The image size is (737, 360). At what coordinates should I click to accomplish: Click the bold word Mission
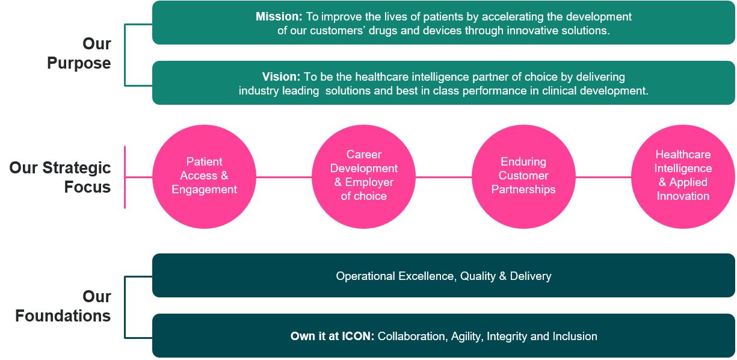pyautogui.click(x=279, y=17)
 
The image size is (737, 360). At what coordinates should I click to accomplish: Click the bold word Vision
pyautogui.click(x=281, y=77)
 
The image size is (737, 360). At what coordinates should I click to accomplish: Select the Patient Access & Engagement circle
pyautogui.click(x=205, y=176)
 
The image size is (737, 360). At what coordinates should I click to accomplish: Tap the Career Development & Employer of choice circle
pyautogui.click(x=364, y=176)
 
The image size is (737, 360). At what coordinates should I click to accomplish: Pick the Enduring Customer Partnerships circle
pyautogui.click(x=523, y=176)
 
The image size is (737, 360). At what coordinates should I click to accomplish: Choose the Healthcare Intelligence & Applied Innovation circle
pyautogui.click(x=683, y=176)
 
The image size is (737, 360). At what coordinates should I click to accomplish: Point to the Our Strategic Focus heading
pyautogui.click(x=60, y=177)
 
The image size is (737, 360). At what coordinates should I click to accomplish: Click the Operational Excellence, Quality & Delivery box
pyautogui.click(x=443, y=276)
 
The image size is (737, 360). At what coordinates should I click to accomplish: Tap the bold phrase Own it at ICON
pyautogui.click(x=332, y=336)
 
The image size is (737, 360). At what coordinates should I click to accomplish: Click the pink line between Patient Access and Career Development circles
pyautogui.click(x=284, y=177)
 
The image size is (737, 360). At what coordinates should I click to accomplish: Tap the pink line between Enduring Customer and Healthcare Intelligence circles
pyautogui.click(x=603, y=177)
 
